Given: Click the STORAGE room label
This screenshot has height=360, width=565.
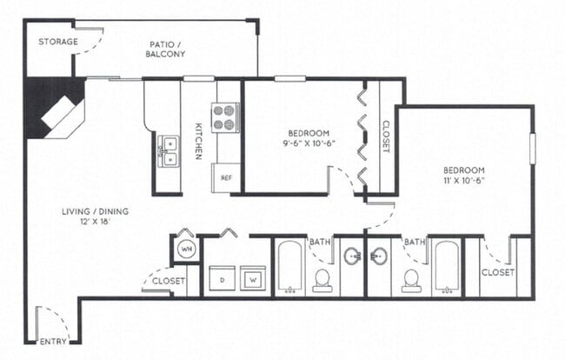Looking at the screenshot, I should [58, 42].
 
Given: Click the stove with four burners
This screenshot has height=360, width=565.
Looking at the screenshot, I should [226, 117].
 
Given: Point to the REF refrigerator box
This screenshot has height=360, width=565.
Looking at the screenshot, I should [226, 177].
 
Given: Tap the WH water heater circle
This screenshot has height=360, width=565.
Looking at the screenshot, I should [186, 250].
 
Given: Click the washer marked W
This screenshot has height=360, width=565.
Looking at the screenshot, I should [253, 280].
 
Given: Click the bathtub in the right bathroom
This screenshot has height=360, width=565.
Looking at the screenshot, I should [446, 268].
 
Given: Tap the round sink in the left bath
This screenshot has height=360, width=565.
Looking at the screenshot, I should [352, 257].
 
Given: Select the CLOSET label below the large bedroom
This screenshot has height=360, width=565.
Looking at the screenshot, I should [497, 272].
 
